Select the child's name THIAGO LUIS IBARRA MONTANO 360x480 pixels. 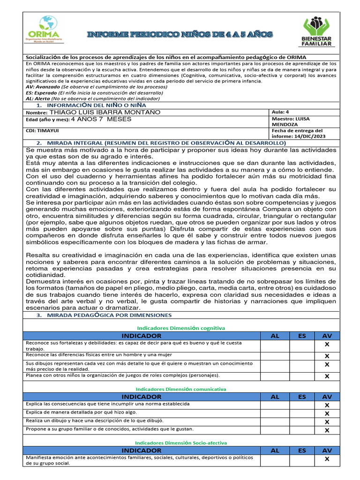click(105, 112)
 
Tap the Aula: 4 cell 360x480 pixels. click(281, 112)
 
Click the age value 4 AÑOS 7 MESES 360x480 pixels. click(101, 120)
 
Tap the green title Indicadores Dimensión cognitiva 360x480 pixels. click(180, 328)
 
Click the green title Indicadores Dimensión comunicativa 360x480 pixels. click(180, 389)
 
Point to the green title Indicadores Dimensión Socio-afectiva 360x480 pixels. click(180, 442)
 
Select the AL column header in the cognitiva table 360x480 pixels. click(275, 336)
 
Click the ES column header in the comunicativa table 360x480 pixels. click(302, 397)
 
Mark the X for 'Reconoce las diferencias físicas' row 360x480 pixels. click(327, 356)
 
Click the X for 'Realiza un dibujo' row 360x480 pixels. click(327, 422)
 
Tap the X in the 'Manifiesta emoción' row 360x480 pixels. click(327, 459)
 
